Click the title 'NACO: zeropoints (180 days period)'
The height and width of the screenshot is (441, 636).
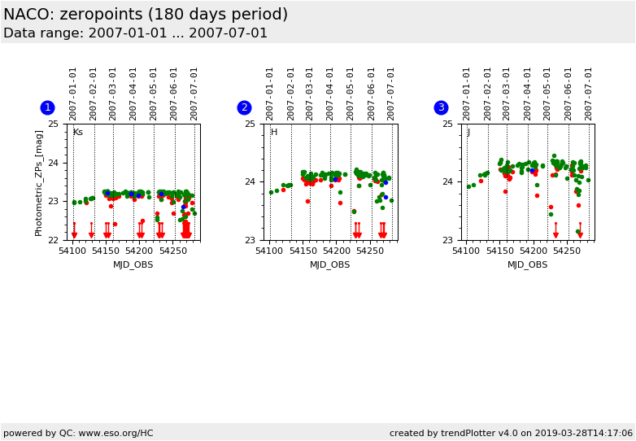tap(146, 15)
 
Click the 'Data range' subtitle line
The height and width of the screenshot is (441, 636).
tap(135, 33)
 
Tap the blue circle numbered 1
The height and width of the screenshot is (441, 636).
tap(47, 107)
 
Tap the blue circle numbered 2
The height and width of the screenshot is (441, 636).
tap(244, 107)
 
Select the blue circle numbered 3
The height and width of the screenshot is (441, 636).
tap(441, 107)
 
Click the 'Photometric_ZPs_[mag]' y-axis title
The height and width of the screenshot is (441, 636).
tap(39, 182)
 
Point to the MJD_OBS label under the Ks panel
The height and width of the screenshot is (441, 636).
tap(133, 264)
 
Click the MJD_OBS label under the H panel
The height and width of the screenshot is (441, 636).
tap(330, 264)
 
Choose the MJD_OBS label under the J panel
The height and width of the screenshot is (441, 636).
tap(527, 264)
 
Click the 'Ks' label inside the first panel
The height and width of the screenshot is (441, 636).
tap(78, 133)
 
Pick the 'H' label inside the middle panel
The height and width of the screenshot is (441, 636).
tap(274, 133)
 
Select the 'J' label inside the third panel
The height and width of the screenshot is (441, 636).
tap(468, 133)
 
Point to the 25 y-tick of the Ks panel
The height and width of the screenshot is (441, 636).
tap(53, 124)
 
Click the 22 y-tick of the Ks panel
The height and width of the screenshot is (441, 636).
tap(53, 240)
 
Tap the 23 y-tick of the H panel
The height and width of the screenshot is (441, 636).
tap(250, 240)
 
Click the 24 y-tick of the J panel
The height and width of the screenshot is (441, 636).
tap(447, 182)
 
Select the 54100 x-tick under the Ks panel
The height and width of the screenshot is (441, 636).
tap(73, 251)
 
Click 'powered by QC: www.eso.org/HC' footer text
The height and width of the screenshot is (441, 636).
tap(78, 433)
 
